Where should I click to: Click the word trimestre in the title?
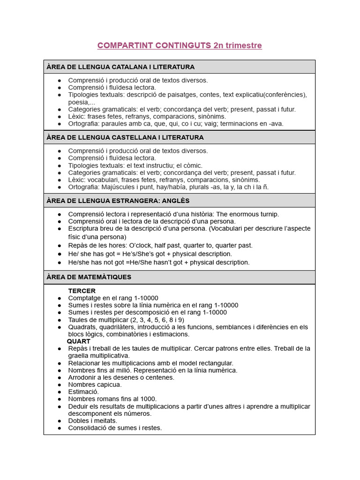(x=243, y=45)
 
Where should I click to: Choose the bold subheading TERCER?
(x=82, y=291)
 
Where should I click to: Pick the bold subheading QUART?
(x=79, y=341)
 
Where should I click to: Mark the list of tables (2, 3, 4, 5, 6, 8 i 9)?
(x=151, y=320)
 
